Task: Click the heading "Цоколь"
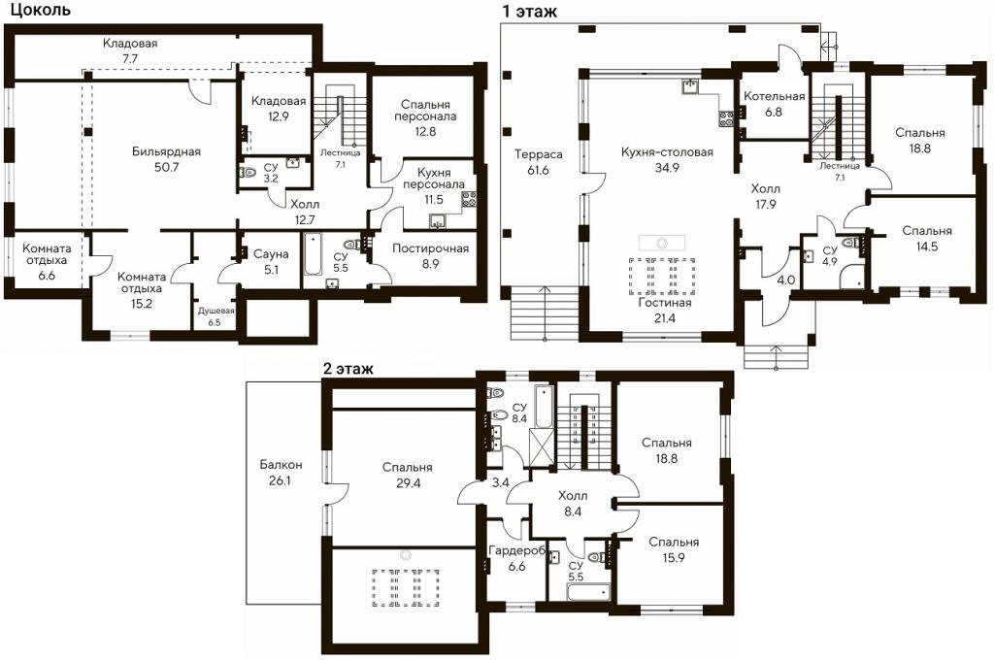(39, 10)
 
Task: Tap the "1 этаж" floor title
(529, 11)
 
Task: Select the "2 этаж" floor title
(348, 369)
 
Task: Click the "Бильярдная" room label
(166, 151)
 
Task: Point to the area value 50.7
(166, 167)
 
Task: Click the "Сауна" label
(271, 253)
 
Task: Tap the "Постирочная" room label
(430, 247)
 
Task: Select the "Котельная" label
(774, 96)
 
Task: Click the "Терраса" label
(538, 154)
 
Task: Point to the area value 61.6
(538, 170)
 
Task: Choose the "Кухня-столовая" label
(667, 152)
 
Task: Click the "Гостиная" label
(664, 303)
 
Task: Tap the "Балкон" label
(281, 465)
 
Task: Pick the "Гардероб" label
(517, 551)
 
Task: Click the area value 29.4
(407, 483)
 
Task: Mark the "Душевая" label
(216, 312)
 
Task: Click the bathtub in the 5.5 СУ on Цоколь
(313, 255)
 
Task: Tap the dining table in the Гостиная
(662, 277)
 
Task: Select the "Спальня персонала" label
(425, 111)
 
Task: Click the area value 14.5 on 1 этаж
(927, 247)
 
